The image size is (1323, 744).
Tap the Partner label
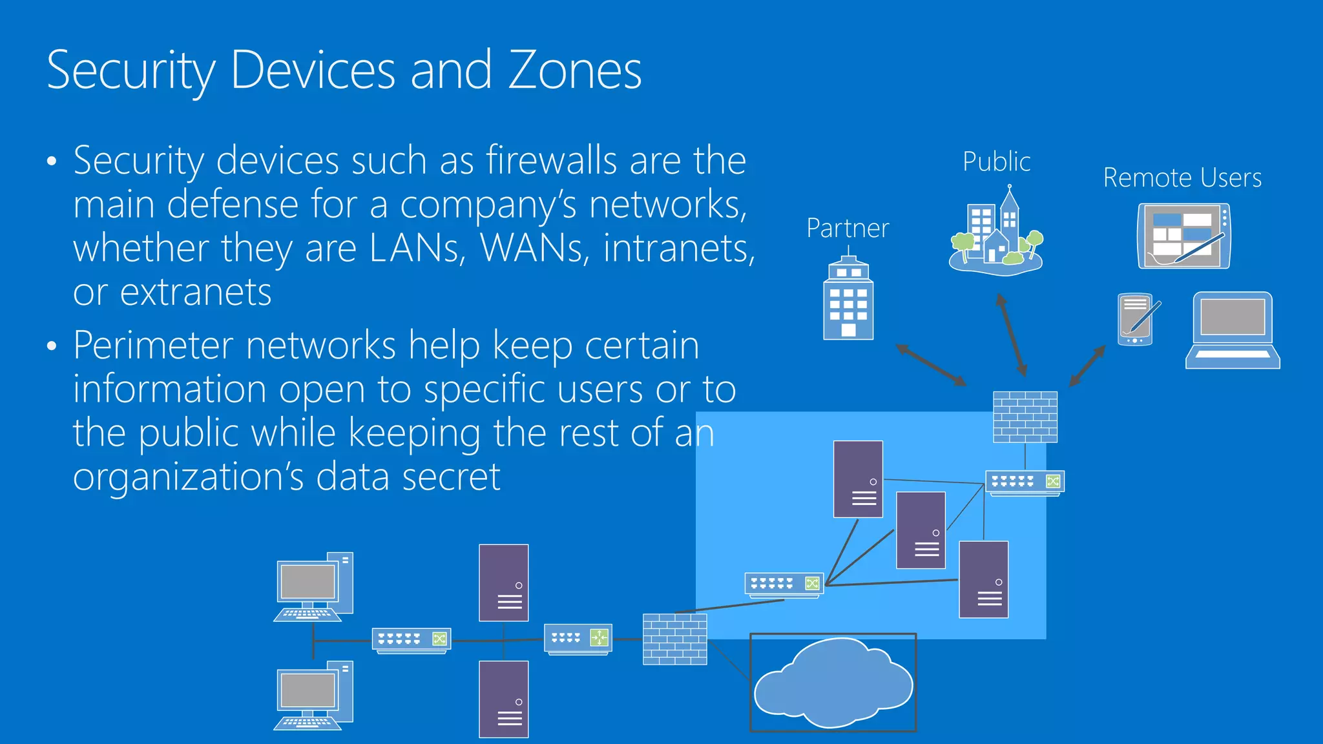(848, 228)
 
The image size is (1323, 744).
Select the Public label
(996, 161)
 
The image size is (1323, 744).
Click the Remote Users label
(1182, 178)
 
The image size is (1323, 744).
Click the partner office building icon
(848, 300)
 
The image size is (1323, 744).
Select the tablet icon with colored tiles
(1183, 236)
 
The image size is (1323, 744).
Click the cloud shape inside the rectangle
(833, 683)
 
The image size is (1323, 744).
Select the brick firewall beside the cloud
(675, 639)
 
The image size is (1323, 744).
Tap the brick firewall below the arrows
(1025, 417)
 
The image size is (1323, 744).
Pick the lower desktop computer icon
(314, 695)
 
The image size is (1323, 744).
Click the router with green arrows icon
(578, 639)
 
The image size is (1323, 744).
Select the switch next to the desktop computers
(411, 639)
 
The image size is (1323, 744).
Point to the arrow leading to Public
(1012, 335)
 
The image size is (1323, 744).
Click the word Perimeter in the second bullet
(153, 345)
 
